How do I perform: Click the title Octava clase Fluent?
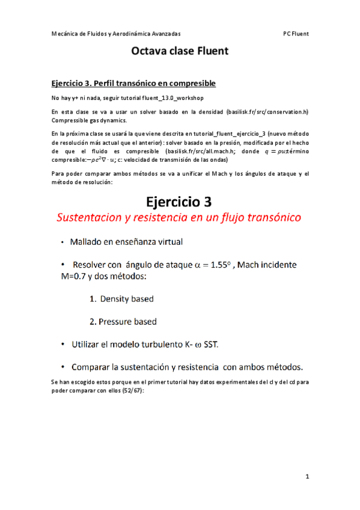point(180,52)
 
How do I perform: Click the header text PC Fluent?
point(296,34)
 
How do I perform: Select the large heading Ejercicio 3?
point(180,200)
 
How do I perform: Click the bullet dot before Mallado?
point(63,242)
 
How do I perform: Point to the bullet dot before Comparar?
point(63,367)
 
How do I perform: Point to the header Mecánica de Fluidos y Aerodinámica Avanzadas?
point(116,34)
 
